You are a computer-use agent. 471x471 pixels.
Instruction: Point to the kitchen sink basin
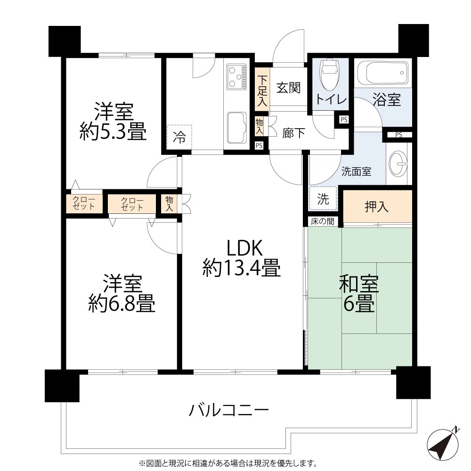tap(237, 128)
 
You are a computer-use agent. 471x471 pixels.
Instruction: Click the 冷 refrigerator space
tap(179, 138)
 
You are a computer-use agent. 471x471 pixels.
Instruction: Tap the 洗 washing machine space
tap(323, 198)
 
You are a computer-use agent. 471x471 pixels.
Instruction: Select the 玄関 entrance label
tap(288, 88)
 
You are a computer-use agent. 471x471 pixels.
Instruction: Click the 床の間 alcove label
tap(322, 221)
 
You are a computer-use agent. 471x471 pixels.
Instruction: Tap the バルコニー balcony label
tap(229, 410)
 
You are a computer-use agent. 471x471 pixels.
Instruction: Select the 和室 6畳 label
tap(359, 294)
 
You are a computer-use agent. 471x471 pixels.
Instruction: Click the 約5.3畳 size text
tap(113, 132)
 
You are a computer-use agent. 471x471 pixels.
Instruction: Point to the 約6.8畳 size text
tap(122, 304)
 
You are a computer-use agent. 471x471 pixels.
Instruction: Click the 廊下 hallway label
tap(293, 133)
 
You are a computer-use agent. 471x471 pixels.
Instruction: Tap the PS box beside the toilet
tap(344, 120)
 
